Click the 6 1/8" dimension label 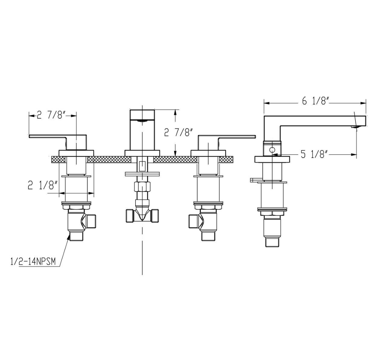tap(315, 101)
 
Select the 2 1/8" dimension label tap(43, 185)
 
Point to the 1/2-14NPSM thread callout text tap(33, 262)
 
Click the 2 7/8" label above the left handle tap(51, 116)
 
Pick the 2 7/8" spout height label tap(178, 132)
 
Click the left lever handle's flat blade tap(48, 136)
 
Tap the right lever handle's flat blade tap(237, 137)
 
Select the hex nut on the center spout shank tap(142, 187)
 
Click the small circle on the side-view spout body tap(272, 150)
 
